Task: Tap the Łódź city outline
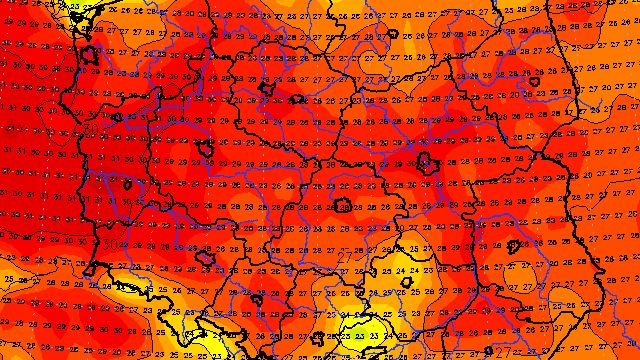343,207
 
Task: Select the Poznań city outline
206,150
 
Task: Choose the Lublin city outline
514,245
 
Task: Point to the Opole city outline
256,298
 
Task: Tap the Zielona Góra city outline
126,185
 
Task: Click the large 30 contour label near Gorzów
91,130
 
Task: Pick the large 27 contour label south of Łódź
345,258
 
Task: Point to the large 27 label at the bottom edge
503,352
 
